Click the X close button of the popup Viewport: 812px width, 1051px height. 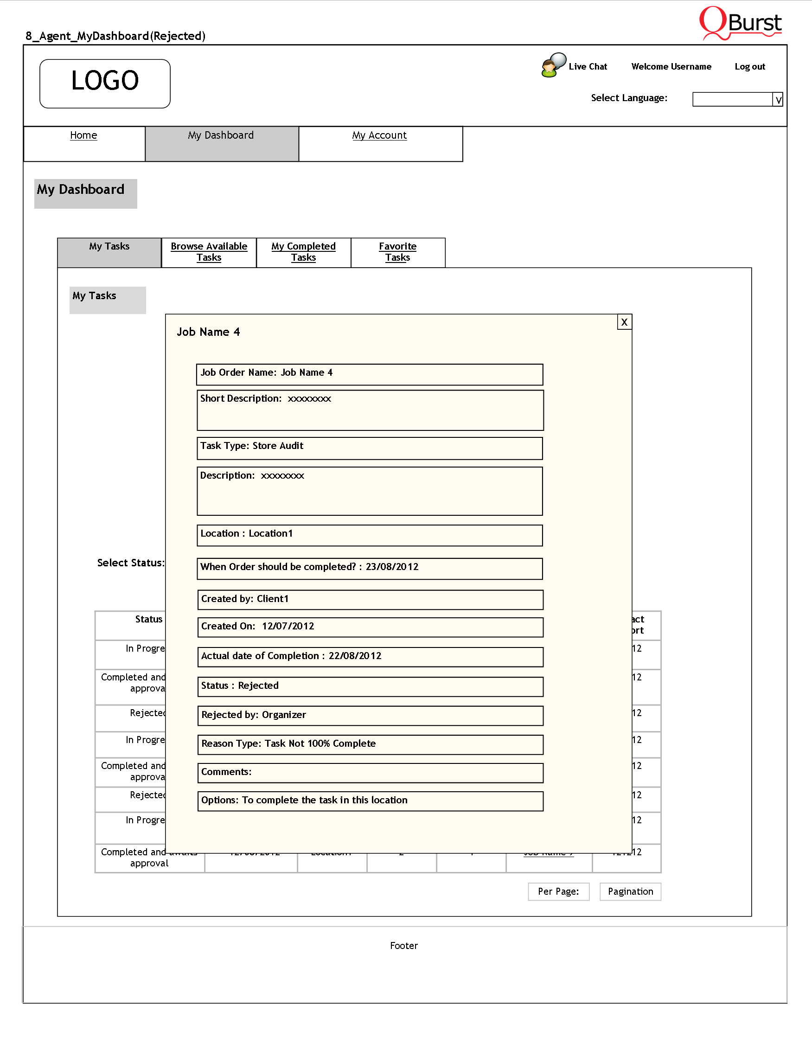point(624,322)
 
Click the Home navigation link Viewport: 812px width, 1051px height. point(83,135)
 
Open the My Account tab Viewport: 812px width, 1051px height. point(379,135)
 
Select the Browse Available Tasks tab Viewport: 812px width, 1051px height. point(209,252)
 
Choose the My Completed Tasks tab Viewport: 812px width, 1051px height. point(303,252)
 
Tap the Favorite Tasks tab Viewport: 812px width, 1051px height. point(397,252)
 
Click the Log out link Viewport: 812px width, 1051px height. point(749,66)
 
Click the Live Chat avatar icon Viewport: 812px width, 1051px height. point(553,65)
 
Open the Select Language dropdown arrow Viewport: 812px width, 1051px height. point(777,100)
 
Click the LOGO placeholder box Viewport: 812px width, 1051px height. point(105,83)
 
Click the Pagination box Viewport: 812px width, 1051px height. point(630,891)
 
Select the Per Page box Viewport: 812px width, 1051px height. point(558,891)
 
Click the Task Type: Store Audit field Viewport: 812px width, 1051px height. point(370,448)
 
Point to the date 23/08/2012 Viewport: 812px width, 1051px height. point(392,567)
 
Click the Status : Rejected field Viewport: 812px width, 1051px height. point(370,686)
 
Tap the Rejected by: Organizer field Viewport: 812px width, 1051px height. point(370,715)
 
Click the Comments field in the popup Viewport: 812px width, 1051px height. point(370,772)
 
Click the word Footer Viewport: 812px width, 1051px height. point(403,946)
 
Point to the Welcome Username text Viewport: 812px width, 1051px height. point(671,66)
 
